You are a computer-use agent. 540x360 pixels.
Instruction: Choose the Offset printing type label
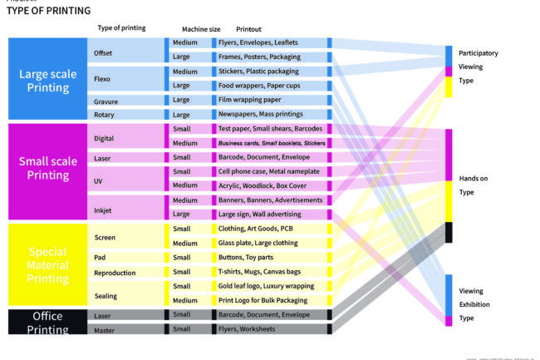coord(104,53)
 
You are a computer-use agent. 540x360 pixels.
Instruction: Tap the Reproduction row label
coord(115,272)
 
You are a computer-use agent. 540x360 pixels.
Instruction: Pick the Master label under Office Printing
coord(105,330)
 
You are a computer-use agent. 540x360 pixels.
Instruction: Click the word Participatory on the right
coord(479,53)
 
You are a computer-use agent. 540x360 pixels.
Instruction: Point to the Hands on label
coord(474,178)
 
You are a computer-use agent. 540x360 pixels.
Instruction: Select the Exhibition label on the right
coord(474,304)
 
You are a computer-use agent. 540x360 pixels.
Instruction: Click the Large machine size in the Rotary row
coord(180,114)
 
